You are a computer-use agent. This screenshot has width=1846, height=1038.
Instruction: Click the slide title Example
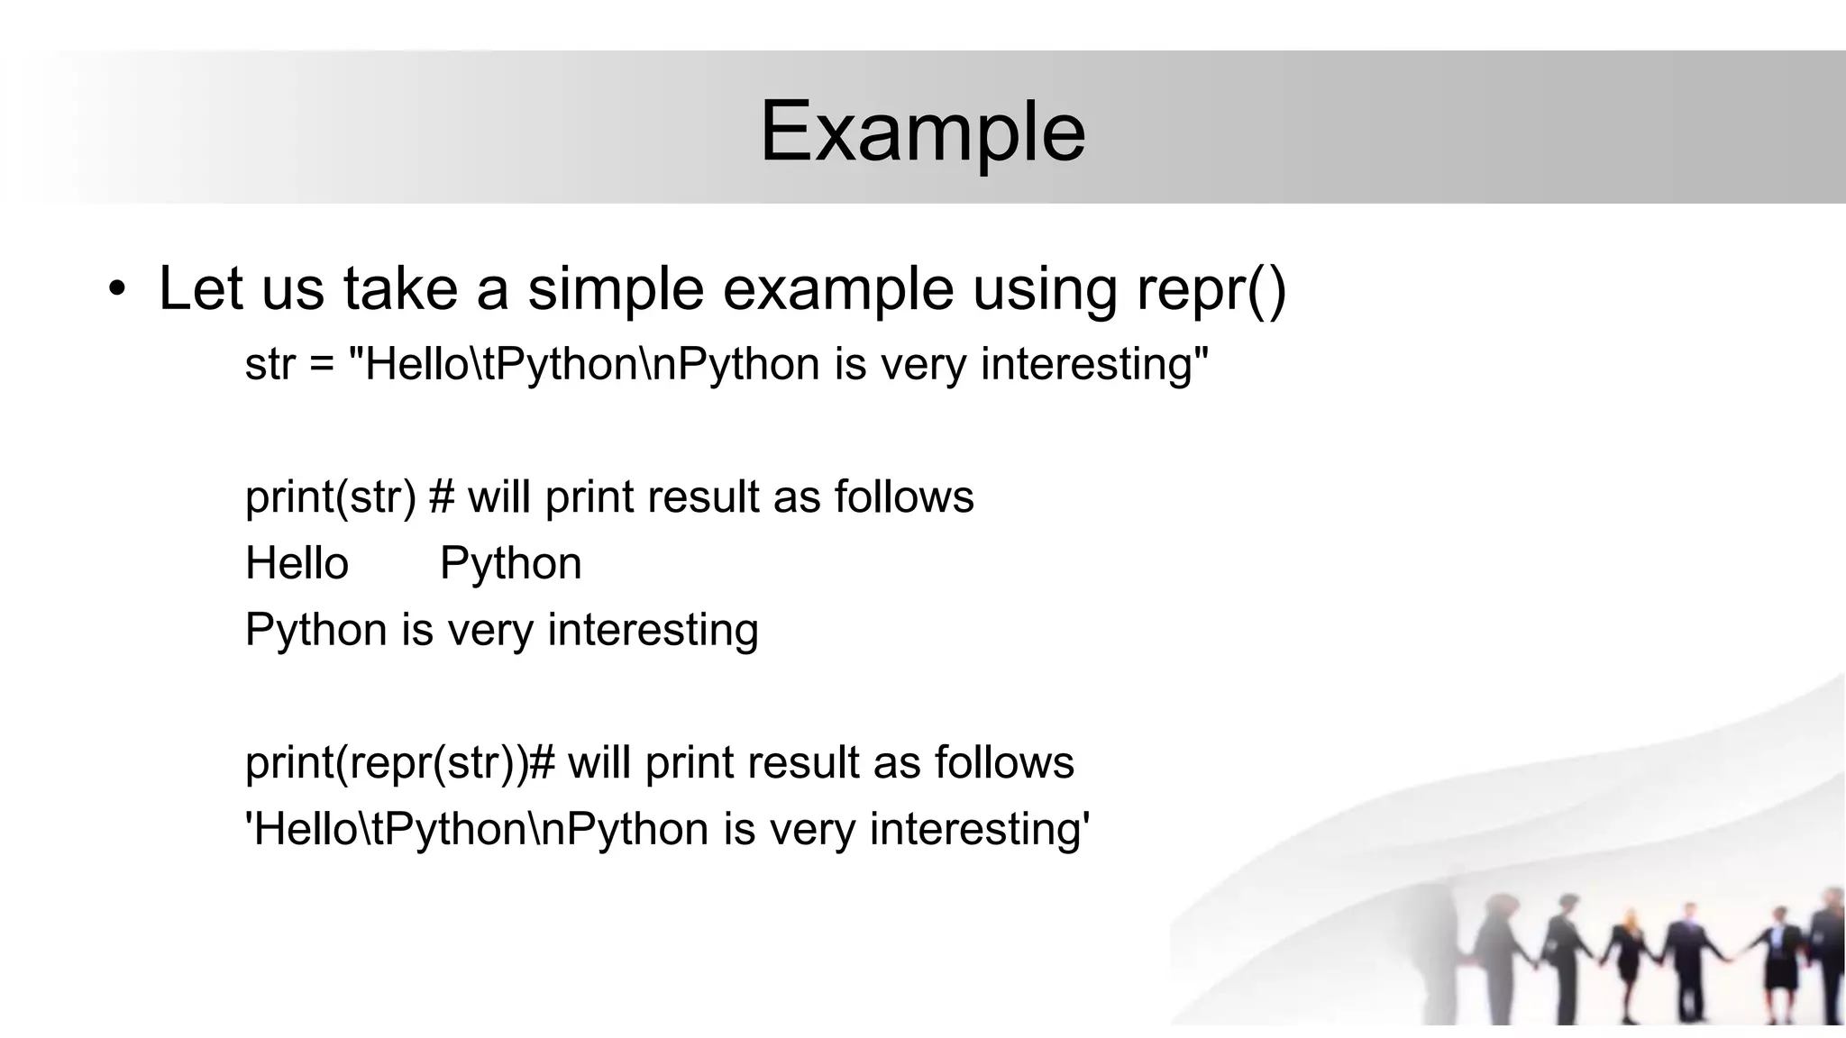tap(922, 132)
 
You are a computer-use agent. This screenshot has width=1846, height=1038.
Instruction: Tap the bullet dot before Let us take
tap(116, 290)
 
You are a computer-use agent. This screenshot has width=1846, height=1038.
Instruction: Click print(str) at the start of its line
tap(331, 497)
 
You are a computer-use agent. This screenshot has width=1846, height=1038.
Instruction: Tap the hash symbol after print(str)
tap(441, 497)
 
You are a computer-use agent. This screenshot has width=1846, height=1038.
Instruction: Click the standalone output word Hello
tap(297, 564)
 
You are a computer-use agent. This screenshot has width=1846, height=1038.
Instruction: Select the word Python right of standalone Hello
tap(510, 564)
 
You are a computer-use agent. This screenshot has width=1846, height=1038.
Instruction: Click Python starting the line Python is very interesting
tap(315, 630)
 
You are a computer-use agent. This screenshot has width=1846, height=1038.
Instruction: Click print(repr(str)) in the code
tap(387, 763)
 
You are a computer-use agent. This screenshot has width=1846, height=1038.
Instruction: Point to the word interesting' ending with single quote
tap(980, 829)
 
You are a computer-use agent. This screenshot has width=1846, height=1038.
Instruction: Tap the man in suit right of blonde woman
tap(1683, 955)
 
